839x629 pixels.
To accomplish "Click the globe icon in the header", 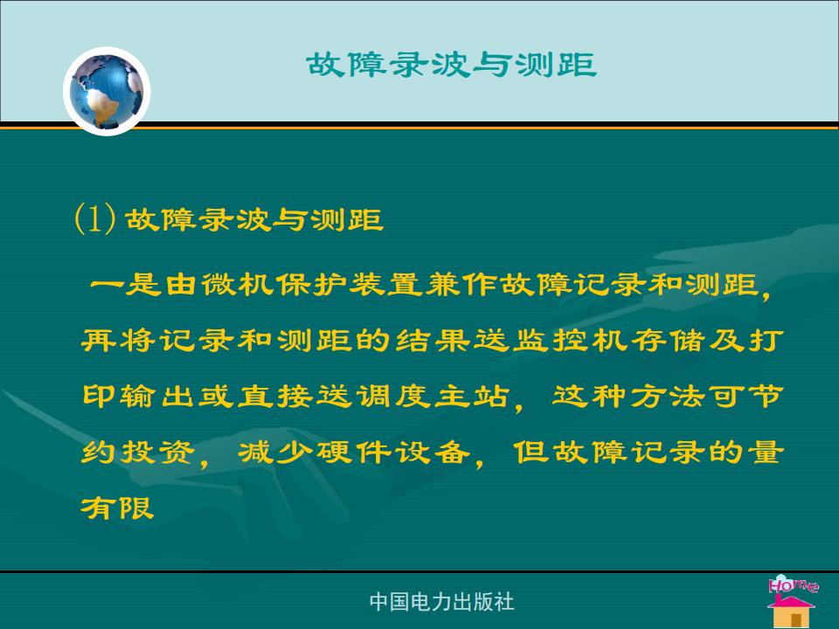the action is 107,91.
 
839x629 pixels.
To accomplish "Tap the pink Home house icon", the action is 793,601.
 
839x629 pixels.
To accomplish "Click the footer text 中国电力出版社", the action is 441,602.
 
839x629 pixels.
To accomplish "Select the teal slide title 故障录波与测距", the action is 452,65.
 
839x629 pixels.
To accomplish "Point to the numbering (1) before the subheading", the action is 94,218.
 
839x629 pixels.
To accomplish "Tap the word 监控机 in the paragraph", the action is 569,340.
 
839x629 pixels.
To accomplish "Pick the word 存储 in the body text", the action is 667,340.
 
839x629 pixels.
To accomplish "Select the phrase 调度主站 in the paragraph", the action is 433,397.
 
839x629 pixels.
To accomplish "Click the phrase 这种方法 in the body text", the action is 628,397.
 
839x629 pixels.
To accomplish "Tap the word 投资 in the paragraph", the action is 157,453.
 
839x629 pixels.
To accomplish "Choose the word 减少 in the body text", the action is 275,453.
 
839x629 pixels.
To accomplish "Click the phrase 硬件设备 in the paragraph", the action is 392,453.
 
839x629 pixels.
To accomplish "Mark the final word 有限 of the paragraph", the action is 118,508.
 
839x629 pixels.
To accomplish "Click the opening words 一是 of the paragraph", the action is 126,284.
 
